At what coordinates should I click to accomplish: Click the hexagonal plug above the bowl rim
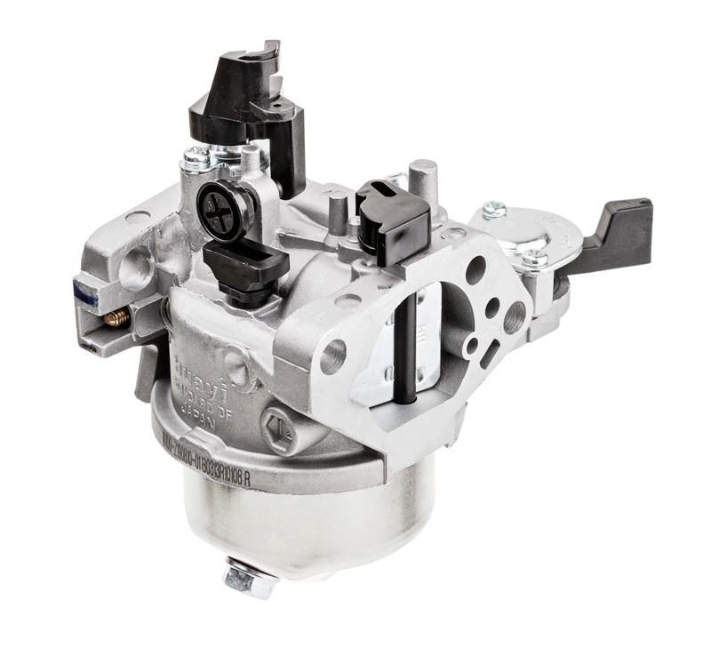point(277,425)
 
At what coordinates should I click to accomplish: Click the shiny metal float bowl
point(293,516)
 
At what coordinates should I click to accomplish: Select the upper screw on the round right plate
point(494,211)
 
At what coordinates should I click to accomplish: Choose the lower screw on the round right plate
point(533,259)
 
